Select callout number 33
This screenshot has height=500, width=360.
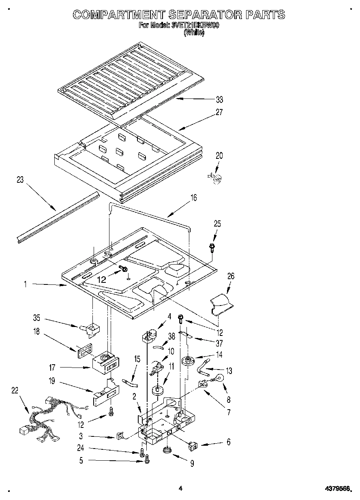pyautogui.click(x=219, y=99)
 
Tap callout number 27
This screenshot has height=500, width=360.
pyautogui.click(x=219, y=113)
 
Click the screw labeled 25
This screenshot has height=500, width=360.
pyautogui.click(x=212, y=247)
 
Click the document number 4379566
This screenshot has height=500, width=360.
pyautogui.click(x=337, y=489)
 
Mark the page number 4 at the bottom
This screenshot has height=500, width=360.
pyautogui.click(x=180, y=489)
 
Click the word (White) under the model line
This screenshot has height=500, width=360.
pyautogui.click(x=194, y=33)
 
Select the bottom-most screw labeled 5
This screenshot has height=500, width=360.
pyautogui.click(x=147, y=459)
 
